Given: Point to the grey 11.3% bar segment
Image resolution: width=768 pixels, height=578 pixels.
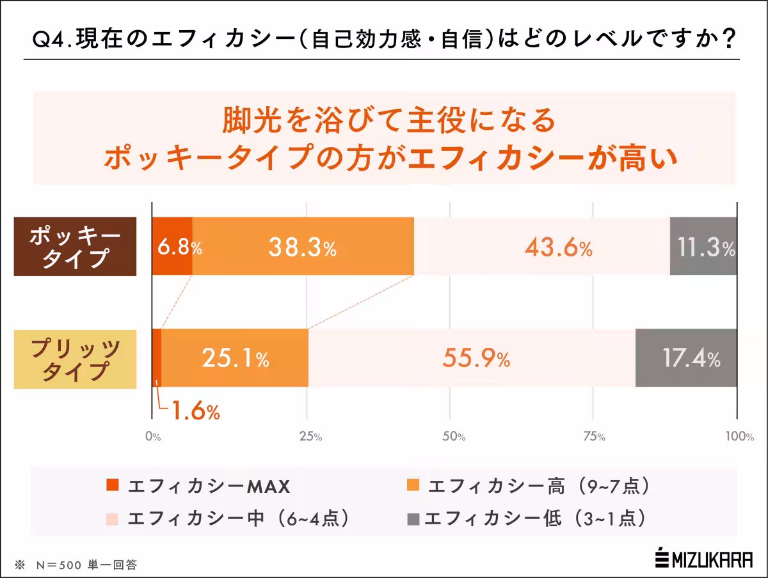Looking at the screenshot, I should pos(703,247).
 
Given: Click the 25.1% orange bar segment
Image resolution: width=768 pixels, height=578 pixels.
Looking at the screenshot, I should pos(235,359).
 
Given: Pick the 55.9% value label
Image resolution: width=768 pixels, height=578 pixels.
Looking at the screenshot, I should pos(476,359).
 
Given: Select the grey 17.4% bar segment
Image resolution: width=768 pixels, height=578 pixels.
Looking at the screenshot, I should pos(685,358).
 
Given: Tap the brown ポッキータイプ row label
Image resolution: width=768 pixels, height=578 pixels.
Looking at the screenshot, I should pos(75,247).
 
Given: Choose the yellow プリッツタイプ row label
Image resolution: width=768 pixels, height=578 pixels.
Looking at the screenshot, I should pos(75,359).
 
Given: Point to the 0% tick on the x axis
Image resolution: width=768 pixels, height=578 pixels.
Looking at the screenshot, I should pos(152,437).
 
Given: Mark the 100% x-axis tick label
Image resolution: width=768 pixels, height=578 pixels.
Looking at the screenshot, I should pos(739,437).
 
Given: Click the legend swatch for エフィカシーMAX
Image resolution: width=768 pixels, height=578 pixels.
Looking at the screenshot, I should pos(111,486).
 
